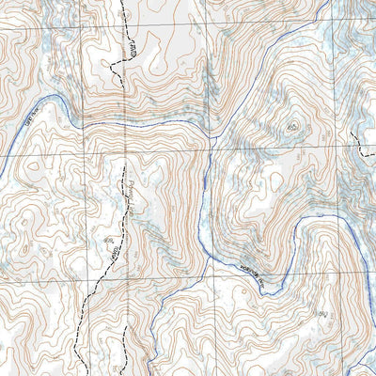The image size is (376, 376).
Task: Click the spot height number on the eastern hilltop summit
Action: tap(293, 125)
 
